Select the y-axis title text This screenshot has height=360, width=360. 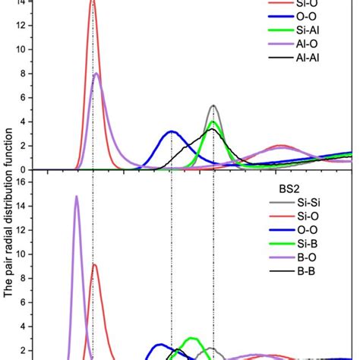click(x=9, y=182)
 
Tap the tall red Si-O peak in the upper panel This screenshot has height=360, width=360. click(x=93, y=3)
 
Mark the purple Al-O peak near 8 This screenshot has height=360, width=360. click(x=96, y=74)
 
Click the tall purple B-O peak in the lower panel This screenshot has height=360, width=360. click(x=76, y=197)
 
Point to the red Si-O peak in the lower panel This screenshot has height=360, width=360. click(x=94, y=265)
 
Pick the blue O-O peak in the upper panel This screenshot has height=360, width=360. click(x=172, y=132)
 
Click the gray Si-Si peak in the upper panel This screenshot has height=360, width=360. click(x=213, y=106)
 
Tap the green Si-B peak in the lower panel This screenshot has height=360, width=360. click(x=193, y=338)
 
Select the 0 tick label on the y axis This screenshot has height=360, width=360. click(x=30, y=169)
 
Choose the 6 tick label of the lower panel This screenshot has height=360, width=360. click(x=30, y=302)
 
